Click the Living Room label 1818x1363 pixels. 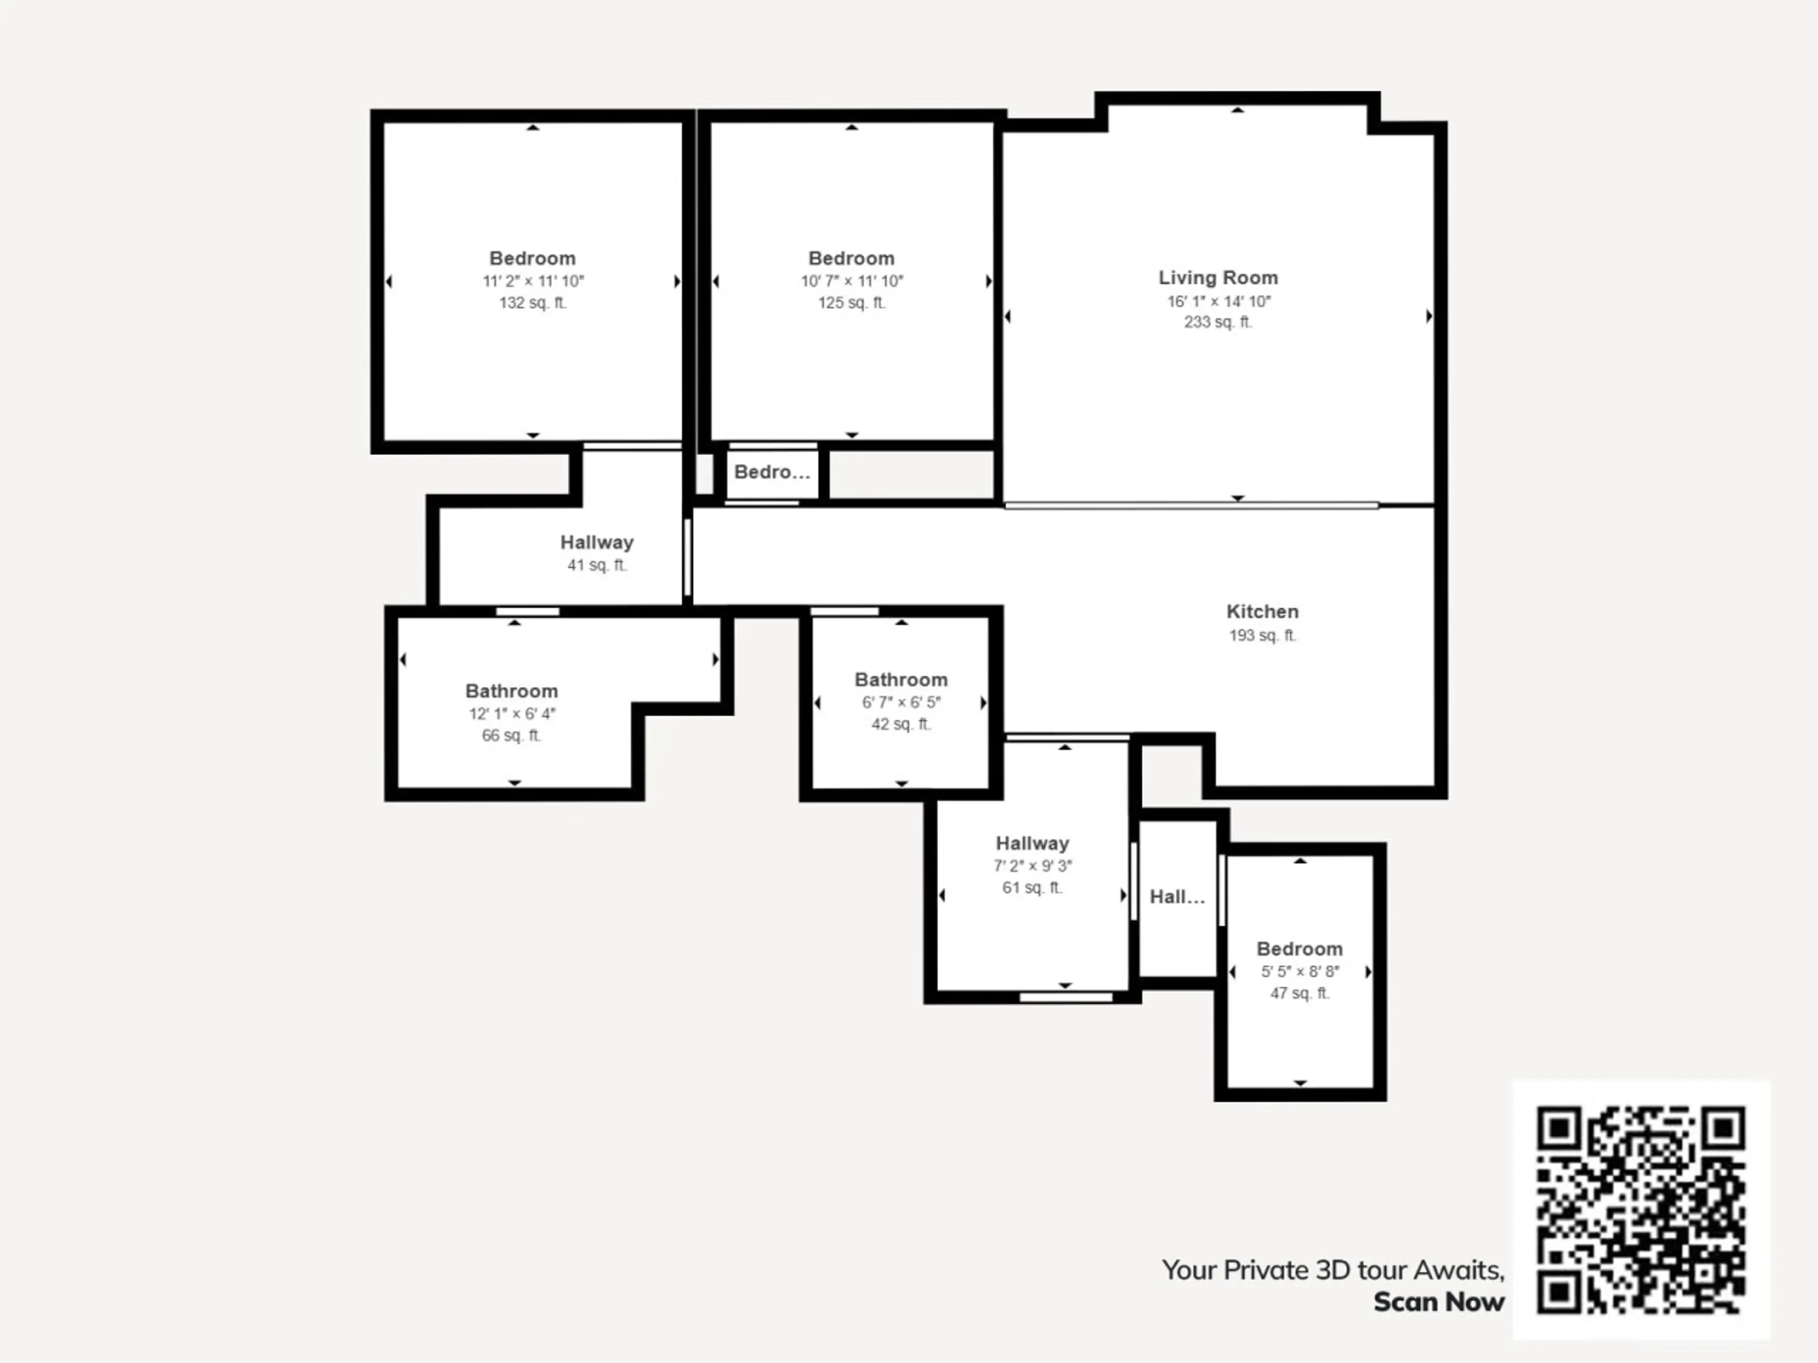tap(1218, 278)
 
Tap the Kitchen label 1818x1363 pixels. tap(1262, 611)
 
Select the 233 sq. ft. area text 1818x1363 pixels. tap(1218, 322)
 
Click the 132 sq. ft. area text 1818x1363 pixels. tap(533, 302)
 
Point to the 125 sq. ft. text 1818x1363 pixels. tap(851, 302)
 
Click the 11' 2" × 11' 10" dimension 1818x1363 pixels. tap(533, 281)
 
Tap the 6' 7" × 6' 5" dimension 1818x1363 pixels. tap(901, 702)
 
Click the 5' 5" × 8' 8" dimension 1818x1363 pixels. tap(1300, 971)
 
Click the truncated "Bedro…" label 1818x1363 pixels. tap(772, 471)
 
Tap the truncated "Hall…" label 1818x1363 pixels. tap(1177, 896)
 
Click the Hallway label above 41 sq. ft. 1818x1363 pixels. tap(597, 542)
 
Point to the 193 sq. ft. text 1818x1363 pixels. tap(1262, 635)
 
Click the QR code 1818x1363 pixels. tap(1641, 1210)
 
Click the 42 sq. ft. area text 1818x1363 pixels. tap(901, 724)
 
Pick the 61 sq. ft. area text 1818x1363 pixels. tap(1032, 887)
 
